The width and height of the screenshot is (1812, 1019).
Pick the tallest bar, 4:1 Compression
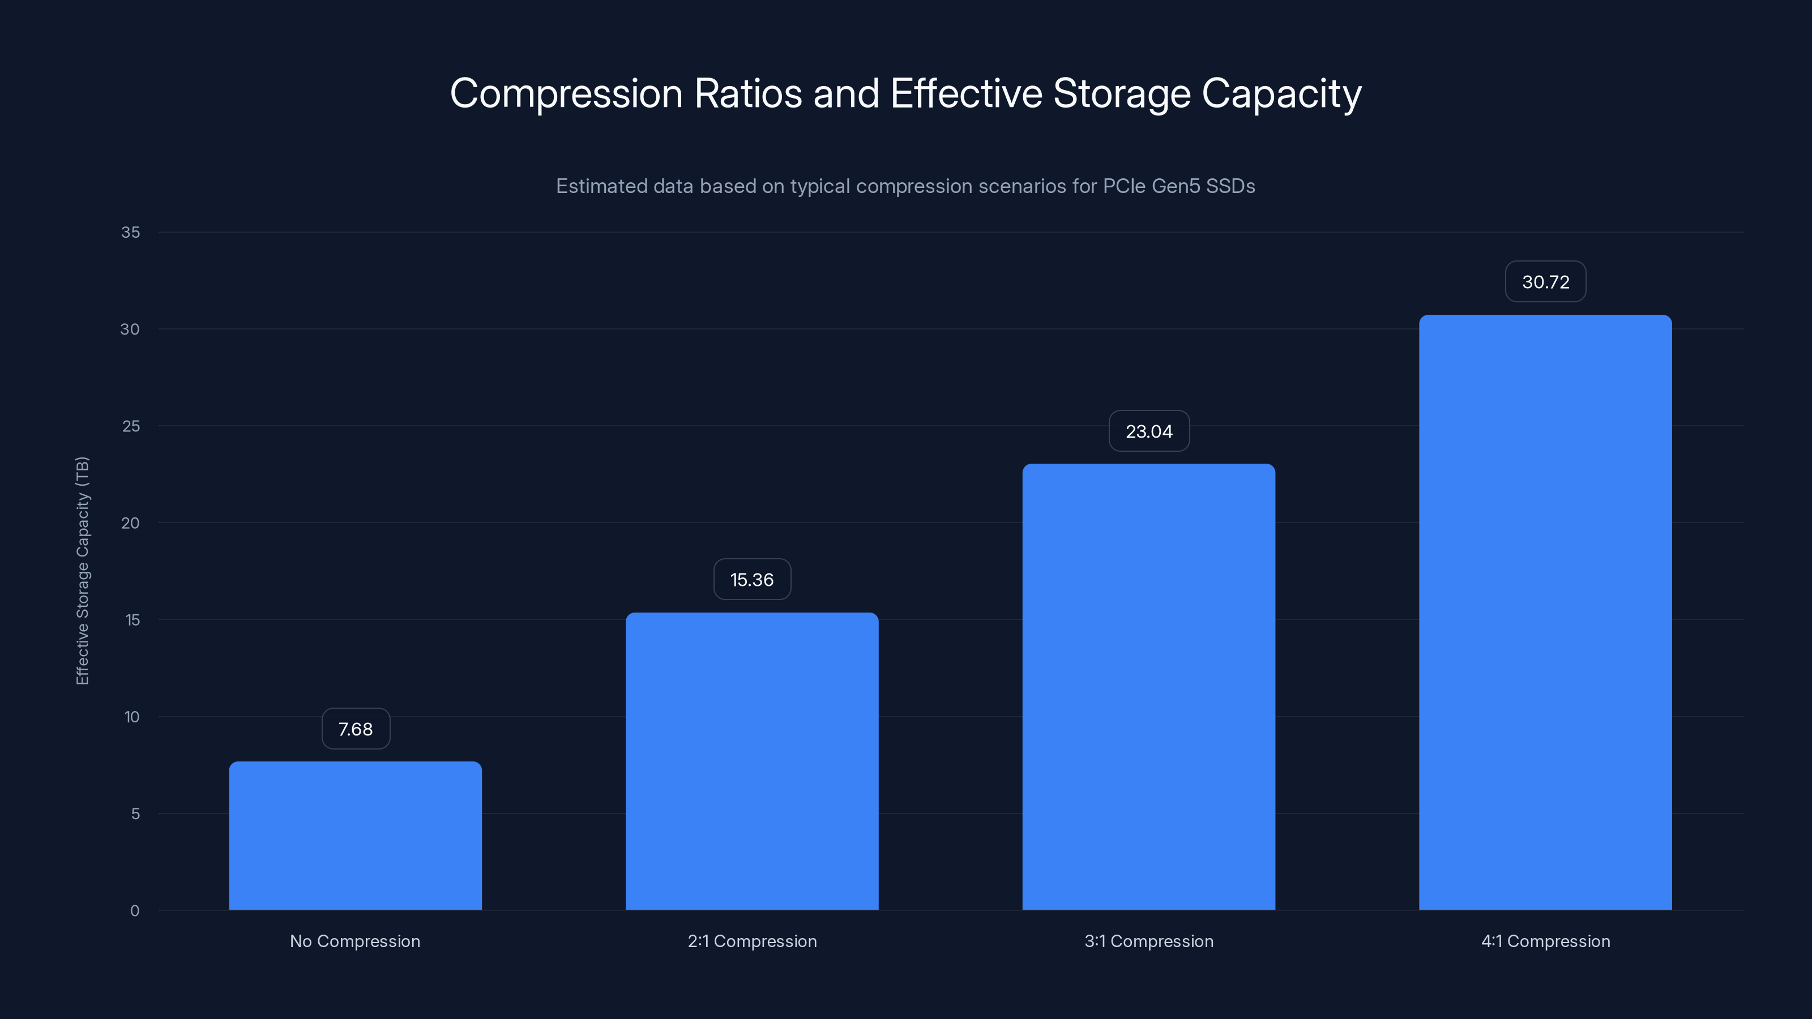[x=1545, y=612]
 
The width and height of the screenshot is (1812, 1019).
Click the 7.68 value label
[x=355, y=729]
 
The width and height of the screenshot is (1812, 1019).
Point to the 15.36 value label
[x=752, y=580]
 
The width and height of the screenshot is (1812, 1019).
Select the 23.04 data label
[x=1149, y=431]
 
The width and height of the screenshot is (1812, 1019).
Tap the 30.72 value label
[x=1545, y=282]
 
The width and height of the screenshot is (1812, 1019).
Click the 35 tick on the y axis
[x=131, y=232]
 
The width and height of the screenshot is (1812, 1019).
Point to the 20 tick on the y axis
[x=131, y=523]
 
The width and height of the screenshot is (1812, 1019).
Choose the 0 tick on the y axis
[x=134, y=911]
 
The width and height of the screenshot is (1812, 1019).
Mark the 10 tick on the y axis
[x=133, y=717]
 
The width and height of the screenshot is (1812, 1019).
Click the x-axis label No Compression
[x=355, y=941]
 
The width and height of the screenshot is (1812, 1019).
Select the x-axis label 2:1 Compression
[x=752, y=941]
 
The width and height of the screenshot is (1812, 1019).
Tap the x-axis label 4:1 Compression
[x=1545, y=941]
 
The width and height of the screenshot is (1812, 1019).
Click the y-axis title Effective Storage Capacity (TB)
[x=82, y=570]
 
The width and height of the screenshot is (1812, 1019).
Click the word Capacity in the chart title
[x=1281, y=93]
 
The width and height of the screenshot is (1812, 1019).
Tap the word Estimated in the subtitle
[x=601, y=186]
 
